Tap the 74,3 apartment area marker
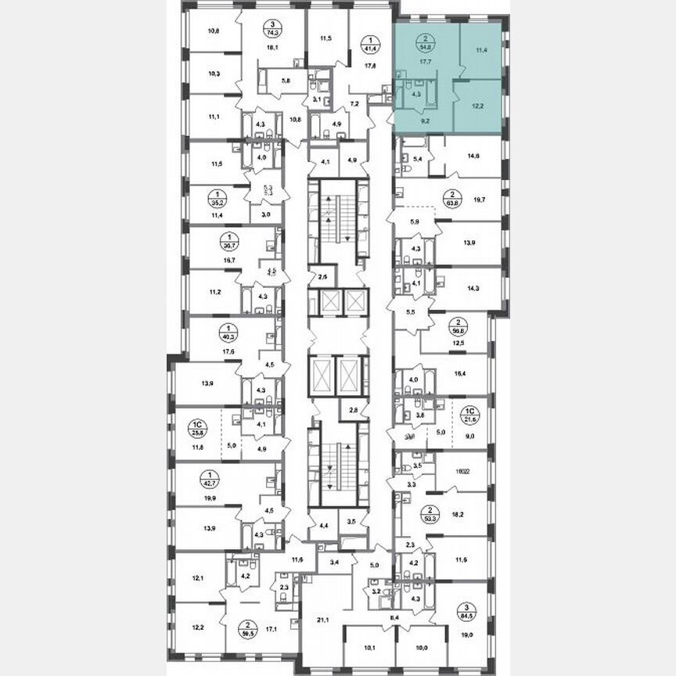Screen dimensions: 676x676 pos(272,32)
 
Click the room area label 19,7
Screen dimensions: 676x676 pos(476,199)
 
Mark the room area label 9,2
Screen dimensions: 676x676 pos(426,121)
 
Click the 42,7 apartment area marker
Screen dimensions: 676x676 pos(209,479)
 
